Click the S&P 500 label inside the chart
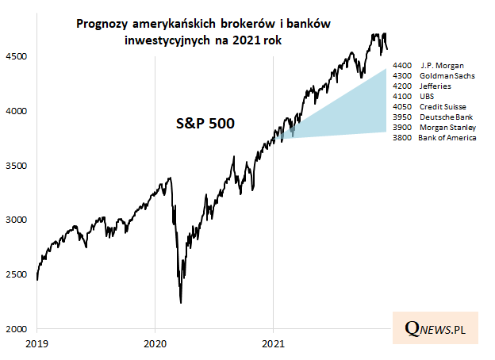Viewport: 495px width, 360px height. tap(205, 124)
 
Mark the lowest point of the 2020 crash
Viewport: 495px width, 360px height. tap(181, 303)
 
